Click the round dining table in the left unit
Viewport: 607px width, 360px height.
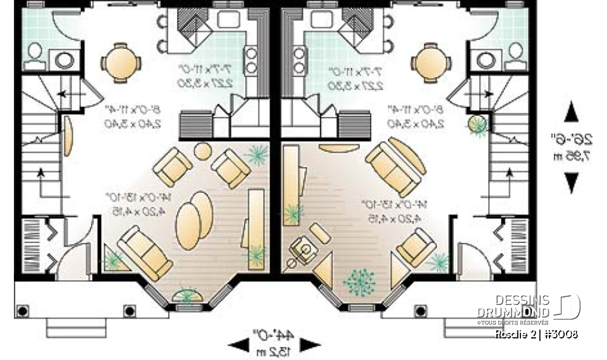(117, 62)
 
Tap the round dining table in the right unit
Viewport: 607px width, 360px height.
(429, 62)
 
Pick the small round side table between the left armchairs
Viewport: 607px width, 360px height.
(202, 151)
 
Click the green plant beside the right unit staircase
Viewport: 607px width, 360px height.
(477, 124)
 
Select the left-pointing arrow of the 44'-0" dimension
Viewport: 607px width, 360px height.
(238, 345)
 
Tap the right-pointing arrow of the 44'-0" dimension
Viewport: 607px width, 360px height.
(309, 345)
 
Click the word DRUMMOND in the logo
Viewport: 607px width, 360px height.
(513, 312)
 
